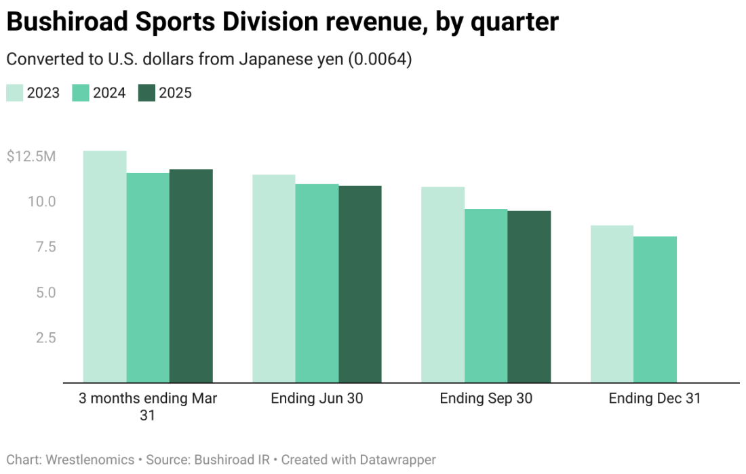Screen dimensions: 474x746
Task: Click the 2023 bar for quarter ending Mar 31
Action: point(104,266)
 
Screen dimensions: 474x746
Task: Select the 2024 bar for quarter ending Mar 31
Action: point(148,277)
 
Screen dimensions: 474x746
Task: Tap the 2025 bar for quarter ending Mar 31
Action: point(191,275)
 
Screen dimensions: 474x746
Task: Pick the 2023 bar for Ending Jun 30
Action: point(274,278)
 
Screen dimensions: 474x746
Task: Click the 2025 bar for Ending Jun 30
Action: point(360,283)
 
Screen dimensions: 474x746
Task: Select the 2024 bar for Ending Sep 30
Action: point(486,296)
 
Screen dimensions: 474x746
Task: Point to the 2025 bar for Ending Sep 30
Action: point(529,296)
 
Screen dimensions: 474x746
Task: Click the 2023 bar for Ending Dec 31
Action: point(612,304)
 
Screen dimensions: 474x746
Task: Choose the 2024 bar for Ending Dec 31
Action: point(655,309)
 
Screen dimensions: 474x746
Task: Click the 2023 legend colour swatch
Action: point(15,93)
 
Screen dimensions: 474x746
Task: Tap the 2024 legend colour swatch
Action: point(81,93)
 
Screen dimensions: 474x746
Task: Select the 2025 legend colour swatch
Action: point(146,93)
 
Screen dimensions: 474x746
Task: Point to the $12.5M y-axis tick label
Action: point(31,157)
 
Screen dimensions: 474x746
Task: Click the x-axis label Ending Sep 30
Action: point(486,399)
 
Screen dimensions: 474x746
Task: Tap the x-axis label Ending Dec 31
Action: point(654,399)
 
